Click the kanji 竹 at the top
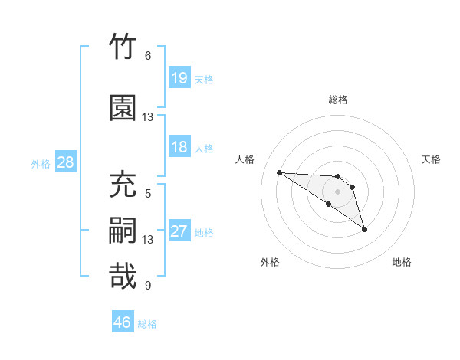(123, 46)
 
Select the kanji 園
(123, 107)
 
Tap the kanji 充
(123, 184)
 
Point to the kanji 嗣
(123, 230)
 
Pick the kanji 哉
(123, 276)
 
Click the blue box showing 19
(179, 77)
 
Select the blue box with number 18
(179, 146)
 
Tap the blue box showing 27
(179, 230)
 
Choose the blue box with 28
(66, 162)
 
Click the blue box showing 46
(123, 321)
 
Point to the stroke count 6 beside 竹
(148, 56)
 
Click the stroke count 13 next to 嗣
(147, 240)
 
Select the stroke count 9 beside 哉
(148, 285)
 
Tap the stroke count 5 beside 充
(148, 194)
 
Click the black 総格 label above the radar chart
(338, 100)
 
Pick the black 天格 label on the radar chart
(431, 159)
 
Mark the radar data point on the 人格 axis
(280, 172)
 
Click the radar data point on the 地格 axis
(364, 230)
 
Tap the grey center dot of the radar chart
(337, 191)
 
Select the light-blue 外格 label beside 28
(41, 164)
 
